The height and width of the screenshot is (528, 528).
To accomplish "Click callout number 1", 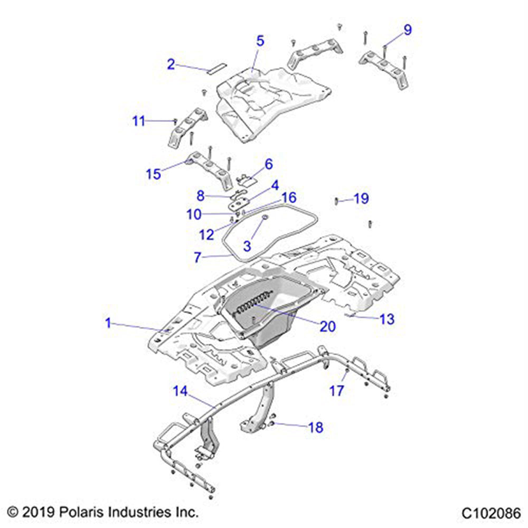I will pos(108,323).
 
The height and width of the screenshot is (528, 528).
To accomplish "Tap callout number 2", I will pos(171,64).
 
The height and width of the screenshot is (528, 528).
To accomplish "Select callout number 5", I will pos(260,41).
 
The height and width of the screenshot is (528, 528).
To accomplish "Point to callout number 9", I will pos(407,30).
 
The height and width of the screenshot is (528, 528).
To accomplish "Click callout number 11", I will pos(138,121).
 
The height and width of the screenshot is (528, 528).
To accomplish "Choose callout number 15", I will pos(154,174).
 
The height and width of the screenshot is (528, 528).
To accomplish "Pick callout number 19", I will pos(361,199).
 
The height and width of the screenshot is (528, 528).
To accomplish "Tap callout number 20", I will pos(327,326).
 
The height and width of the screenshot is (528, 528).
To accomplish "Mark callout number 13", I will pos(386,319).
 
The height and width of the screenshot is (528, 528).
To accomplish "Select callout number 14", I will pos(180,391).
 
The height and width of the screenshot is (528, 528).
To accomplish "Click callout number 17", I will pos(336,391).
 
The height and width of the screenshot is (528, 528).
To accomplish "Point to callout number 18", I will pos(315,427).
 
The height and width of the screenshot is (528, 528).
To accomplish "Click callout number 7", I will pos(197,257).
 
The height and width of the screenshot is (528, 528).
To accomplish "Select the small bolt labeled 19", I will pos(336,200).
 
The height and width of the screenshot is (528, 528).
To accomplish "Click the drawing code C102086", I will pos(491,513).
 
